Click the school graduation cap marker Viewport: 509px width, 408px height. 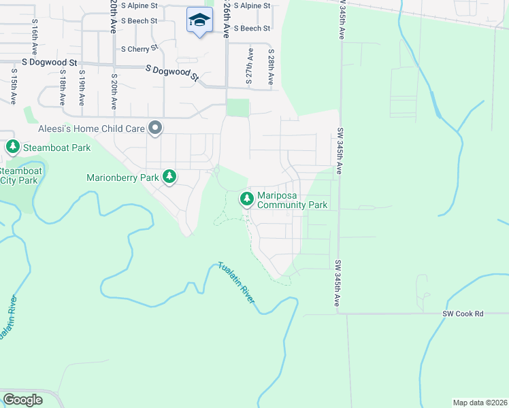[x=199, y=20]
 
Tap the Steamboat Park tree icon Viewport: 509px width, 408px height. [x=12, y=147]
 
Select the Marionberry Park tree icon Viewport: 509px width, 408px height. [x=169, y=177]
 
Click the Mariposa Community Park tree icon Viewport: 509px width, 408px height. [x=246, y=199]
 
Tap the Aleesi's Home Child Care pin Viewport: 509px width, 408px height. [x=155, y=128]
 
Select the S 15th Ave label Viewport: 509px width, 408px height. [x=13, y=85]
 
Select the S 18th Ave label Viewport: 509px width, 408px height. [x=62, y=86]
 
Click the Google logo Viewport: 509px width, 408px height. [x=23, y=400]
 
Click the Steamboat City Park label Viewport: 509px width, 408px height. [x=19, y=175]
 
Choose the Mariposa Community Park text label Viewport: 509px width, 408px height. [x=293, y=200]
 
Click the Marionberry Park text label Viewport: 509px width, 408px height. [x=122, y=178]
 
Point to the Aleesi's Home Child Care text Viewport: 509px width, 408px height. [x=93, y=129]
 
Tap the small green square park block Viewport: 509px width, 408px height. [x=237, y=108]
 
